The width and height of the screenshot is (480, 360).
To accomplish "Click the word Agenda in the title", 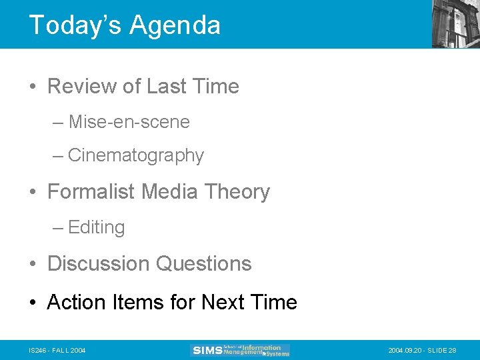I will tap(175, 25).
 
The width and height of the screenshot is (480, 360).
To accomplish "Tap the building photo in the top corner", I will tap(456, 23).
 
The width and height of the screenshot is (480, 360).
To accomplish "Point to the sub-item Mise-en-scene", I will tap(129, 122).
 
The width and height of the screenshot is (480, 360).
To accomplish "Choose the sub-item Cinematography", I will tap(135, 155).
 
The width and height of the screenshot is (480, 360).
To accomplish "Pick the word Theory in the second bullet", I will tap(237, 192).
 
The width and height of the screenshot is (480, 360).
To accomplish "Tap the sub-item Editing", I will tap(96, 227).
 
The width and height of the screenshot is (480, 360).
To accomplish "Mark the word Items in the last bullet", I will tap(140, 303).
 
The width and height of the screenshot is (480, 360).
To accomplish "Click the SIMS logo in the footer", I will tap(240, 350).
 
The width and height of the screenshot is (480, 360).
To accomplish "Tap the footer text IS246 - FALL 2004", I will tap(57, 351).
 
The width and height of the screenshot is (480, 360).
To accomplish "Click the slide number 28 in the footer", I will tap(453, 351).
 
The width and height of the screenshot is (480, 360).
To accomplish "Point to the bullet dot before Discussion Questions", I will tap(33, 265).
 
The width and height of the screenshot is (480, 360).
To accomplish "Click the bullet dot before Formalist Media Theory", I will tap(33, 193).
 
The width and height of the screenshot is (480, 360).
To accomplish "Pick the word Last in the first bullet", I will tap(166, 87).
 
